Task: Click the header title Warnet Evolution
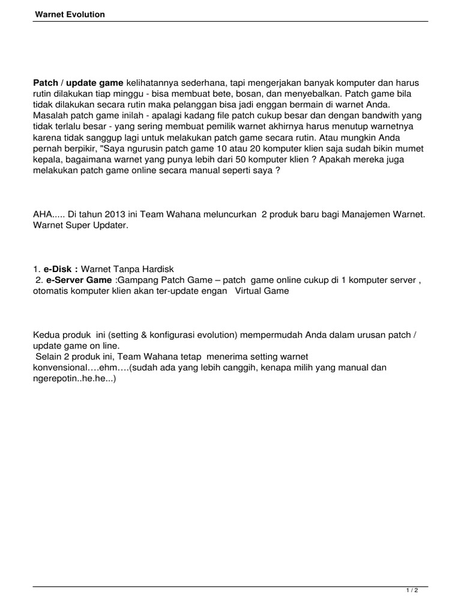69,14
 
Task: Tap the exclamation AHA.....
43,214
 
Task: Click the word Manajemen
366,214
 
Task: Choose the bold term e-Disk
59,269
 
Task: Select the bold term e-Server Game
79,280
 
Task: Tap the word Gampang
136,280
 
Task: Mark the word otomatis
52,291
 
